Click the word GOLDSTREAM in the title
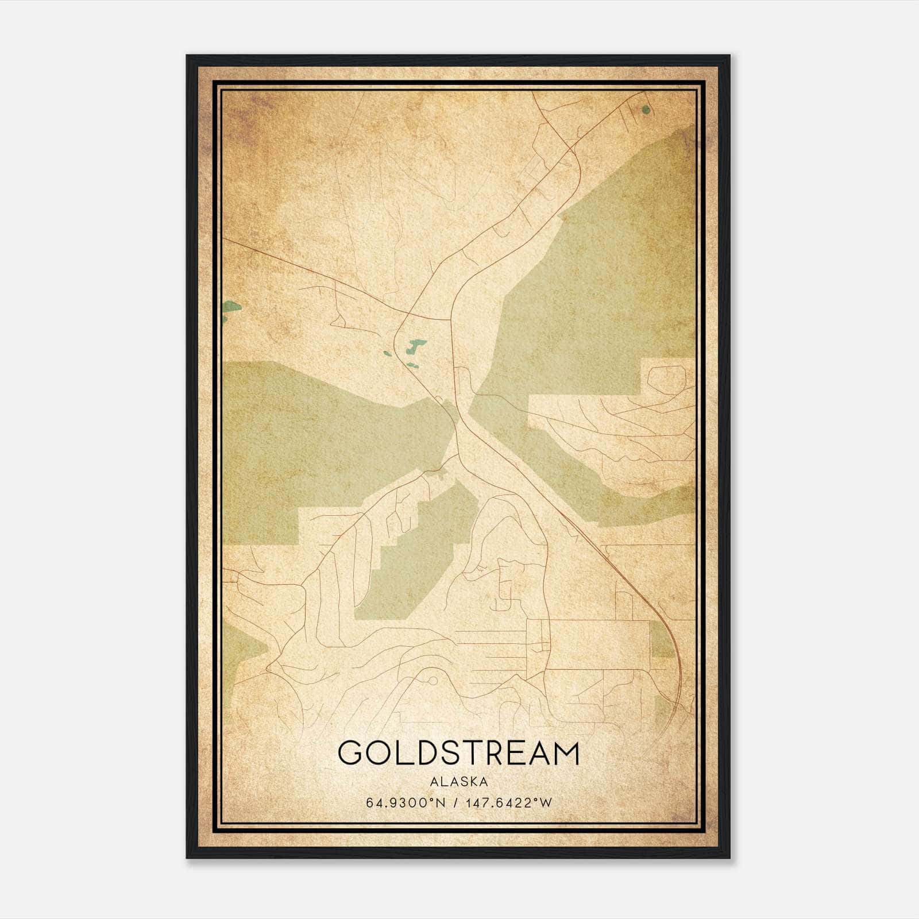(458, 753)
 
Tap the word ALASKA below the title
(458, 782)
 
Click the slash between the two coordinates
(456, 802)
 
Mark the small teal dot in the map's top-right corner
(646, 109)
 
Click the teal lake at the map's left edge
(231, 310)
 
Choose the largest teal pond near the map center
(416, 346)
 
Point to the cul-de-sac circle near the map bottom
(433, 681)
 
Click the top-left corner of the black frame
(188, 56)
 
